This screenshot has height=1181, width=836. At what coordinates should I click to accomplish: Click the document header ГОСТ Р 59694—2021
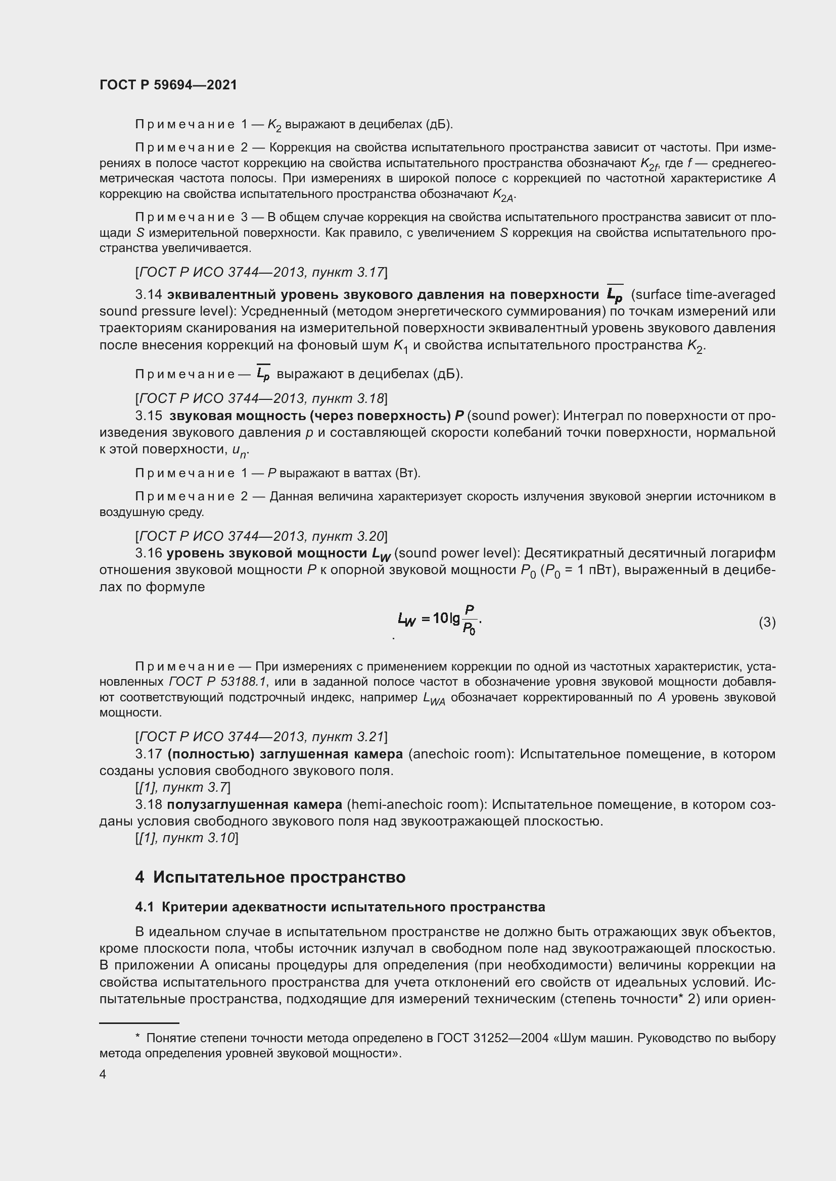click(168, 85)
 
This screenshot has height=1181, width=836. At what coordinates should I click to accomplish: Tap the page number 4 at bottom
click(103, 1074)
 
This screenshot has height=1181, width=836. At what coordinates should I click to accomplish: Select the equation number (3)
click(767, 623)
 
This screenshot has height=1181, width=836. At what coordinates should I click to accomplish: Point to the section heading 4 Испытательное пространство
click(270, 877)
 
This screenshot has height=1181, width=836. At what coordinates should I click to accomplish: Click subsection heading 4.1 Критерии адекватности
click(340, 907)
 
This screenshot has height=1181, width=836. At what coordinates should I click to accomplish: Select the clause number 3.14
click(148, 295)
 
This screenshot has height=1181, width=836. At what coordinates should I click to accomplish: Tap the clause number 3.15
click(148, 416)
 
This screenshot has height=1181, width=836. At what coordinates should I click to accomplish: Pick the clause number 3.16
click(148, 553)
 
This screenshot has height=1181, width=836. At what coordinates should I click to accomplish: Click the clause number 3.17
click(148, 754)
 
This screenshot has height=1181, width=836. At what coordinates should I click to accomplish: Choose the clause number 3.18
click(148, 804)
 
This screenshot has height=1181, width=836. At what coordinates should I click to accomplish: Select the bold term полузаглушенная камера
click(254, 804)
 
